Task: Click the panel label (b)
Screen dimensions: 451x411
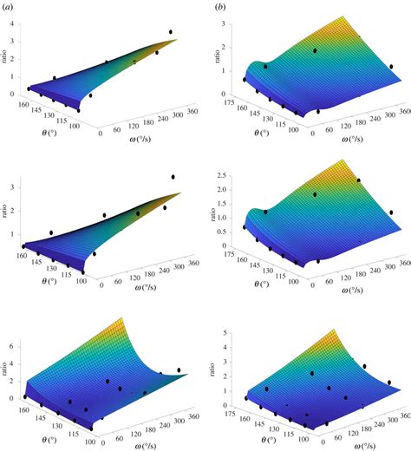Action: tap(222, 7)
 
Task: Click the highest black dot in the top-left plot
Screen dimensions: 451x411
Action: tap(171, 32)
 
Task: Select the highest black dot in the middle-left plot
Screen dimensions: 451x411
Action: tap(173, 177)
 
